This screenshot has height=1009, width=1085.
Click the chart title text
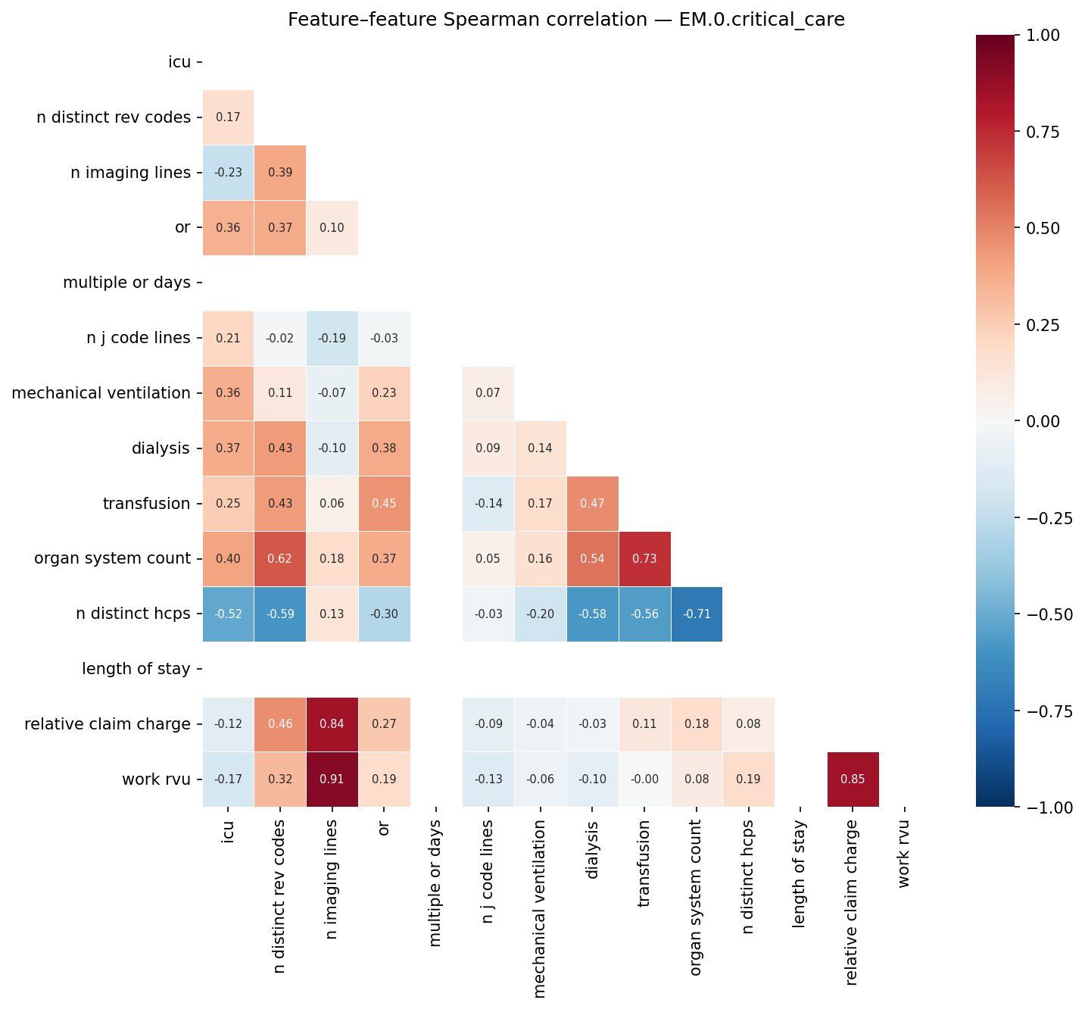click(x=566, y=20)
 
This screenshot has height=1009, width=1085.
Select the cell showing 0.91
click(x=332, y=779)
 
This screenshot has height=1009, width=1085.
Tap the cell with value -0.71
click(x=697, y=614)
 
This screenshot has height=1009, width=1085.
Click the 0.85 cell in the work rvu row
click(x=853, y=779)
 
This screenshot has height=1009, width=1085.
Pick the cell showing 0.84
click(x=332, y=724)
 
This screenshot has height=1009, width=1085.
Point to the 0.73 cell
click(x=644, y=558)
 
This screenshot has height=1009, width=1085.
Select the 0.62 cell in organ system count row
click(x=280, y=558)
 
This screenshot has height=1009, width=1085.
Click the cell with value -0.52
click(x=228, y=614)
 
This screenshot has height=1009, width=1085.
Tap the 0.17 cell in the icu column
click(x=228, y=117)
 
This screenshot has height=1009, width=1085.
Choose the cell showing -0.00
click(x=644, y=779)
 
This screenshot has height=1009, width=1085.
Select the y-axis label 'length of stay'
click(x=136, y=669)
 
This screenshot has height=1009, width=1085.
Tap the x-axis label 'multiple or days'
click(x=436, y=882)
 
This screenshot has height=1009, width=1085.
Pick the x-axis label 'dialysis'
click(x=592, y=850)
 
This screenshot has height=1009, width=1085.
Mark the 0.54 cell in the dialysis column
click(x=592, y=558)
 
